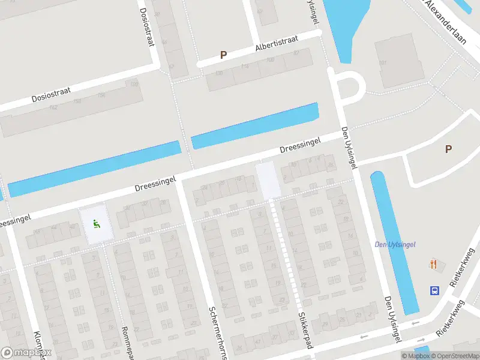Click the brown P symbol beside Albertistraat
[x=223, y=55]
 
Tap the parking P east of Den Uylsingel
[x=448, y=149]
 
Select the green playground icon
[x=95, y=224]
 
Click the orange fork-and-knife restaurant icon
[x=434, y=264]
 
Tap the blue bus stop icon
[x=434, y=291]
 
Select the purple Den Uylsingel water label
[x=395, y=244]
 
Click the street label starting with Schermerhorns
[x=217, y=333]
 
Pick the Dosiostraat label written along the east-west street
[x=51, y=95]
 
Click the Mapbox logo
[x=27, y=353]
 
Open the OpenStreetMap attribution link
[x=455, y=356]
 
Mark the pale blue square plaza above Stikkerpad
[x=268, y=180]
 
